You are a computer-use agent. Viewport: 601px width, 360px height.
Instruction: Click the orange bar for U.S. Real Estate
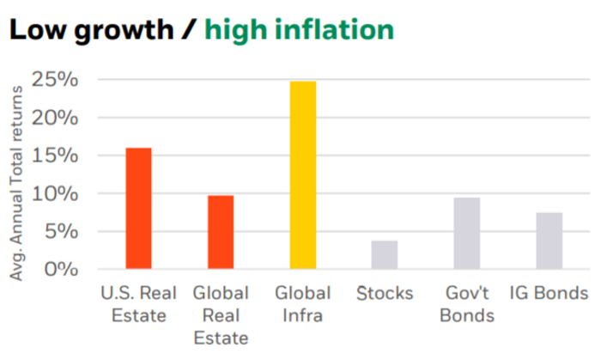click(x=138, y=208)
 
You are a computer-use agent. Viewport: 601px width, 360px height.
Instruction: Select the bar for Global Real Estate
click(x=221, y=232)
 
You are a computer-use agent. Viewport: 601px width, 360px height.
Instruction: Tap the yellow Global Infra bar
click(x=302, y=174)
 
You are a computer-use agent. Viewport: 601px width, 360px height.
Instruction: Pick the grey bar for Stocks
click(x=385, y=254)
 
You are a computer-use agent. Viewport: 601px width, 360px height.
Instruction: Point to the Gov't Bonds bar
click(x=467, y=233)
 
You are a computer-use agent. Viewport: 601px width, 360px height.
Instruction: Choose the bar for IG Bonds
click(x=549, y=241)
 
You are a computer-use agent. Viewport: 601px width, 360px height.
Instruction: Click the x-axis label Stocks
click(x=385, y=294)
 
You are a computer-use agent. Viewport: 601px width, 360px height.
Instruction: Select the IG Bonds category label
click(x=549, y=294)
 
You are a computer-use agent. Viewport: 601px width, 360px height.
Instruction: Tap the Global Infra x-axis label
click(x=302, y=304)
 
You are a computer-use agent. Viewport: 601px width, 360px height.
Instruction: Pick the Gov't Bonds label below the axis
click(x=467, y=304)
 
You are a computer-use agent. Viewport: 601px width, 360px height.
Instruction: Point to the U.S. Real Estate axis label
click(x=138, y=304)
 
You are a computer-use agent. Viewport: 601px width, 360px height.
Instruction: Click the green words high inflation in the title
click(x=299, y=30)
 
